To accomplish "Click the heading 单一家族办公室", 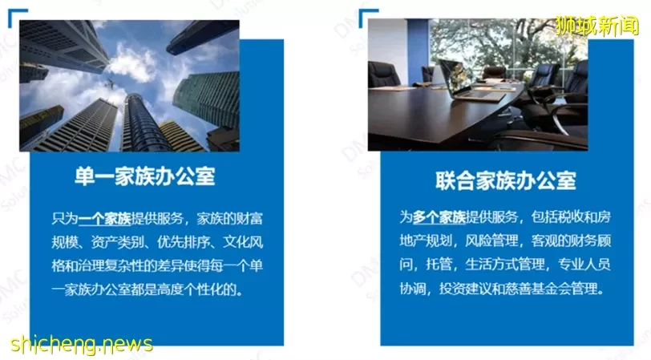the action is tap(145, 176).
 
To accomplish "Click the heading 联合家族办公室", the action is tap(506, 180).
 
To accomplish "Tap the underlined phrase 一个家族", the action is tap(104, 218).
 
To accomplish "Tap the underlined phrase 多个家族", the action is tap(439, 216).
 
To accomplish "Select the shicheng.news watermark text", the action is tap(82, 344).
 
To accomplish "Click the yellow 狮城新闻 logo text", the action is tap(597, 26).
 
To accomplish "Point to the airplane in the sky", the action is tap(110, 84).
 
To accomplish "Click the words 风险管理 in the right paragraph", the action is tap(492, 241).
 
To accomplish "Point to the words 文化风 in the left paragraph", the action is tap(243, 242).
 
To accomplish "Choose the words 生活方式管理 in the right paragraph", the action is tap(505, 264).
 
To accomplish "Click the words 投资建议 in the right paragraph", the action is tap(466, 288).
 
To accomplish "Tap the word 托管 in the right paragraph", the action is tap(439, 264).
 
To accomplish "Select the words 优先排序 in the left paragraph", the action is tap(183, 242).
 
